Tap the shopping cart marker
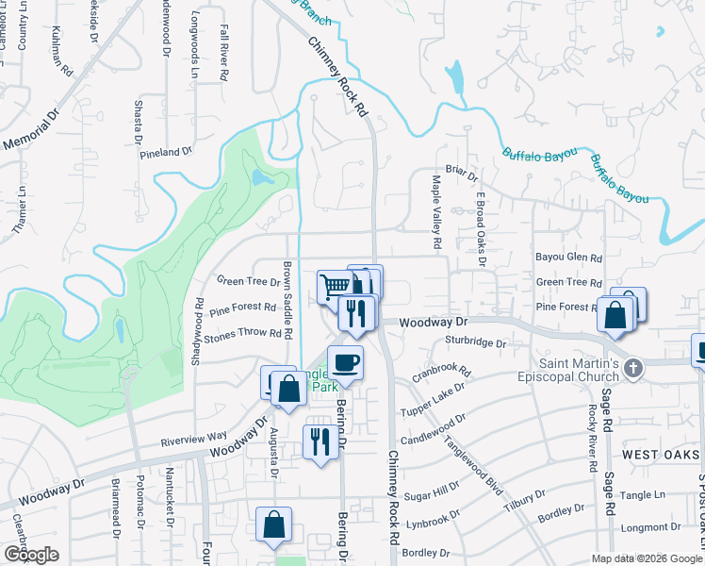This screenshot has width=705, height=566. [334, 285]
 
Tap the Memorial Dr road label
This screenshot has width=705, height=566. [31, 131]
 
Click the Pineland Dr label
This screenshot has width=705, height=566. [166, 151]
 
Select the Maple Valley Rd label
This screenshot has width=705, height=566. [437, 210]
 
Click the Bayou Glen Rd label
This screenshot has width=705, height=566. [568, 258]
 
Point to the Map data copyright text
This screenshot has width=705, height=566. [647, 558]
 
